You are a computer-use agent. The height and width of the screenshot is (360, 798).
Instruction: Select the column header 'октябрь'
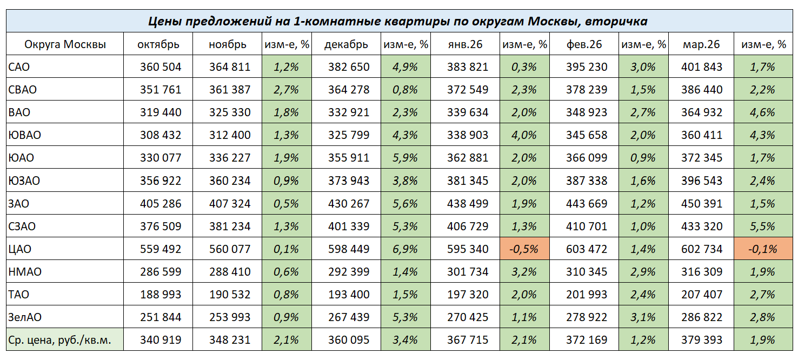point(158,44)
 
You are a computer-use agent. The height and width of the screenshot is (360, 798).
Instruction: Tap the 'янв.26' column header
point(465,44)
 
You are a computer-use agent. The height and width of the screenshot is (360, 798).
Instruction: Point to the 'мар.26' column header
point(702,44)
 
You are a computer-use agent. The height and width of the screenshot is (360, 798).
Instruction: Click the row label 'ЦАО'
point(20,249)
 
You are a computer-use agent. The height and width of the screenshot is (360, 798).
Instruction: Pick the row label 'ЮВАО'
point(25,135)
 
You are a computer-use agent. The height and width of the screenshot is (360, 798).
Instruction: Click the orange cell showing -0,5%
point(523,249)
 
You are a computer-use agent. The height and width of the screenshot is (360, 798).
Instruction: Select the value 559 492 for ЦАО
point(161,249)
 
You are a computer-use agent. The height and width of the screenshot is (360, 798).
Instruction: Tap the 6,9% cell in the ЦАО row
point(405,249)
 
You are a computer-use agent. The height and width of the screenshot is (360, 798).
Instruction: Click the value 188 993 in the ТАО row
point(161,295)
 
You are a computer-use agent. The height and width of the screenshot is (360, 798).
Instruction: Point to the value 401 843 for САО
point(702,67)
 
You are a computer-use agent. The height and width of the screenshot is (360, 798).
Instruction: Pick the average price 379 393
point(702,340)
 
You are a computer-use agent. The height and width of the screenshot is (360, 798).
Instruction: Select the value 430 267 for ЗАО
point(349,204)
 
